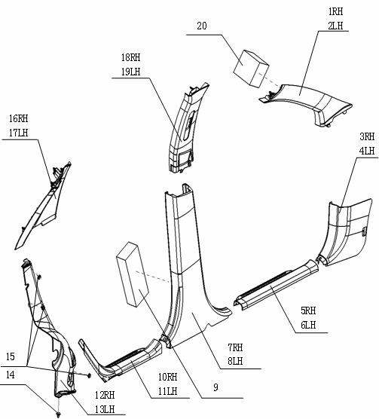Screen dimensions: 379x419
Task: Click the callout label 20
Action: pos(202,26)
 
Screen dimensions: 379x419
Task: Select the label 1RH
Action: pos(335,11)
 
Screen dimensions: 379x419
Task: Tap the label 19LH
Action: pos(130,72)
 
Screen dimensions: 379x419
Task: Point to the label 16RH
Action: pos(18,118)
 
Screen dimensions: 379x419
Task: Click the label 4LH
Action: pos(367,151)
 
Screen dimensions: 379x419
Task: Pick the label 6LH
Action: pos(308,325)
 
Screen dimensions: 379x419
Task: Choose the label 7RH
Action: pos(235,347)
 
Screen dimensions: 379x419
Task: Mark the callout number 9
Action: pos(215,387)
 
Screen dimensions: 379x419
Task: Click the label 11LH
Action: pos(167,391)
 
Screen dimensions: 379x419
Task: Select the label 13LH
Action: pos(105,409)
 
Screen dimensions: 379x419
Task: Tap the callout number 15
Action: pos(10,356)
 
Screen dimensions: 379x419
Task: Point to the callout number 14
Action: pos(10,375)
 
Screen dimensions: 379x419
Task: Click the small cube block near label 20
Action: pos(251,68)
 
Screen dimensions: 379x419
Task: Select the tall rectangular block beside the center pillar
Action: pos(133,274)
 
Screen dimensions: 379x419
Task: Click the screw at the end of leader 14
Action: pos(59,414)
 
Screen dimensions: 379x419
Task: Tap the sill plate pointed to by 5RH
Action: pos(277,286)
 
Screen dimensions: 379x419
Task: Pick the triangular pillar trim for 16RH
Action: pos(43,206)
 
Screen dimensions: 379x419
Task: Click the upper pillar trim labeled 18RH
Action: pos(186,128)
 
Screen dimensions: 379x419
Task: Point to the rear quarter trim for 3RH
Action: pos(344,232)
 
